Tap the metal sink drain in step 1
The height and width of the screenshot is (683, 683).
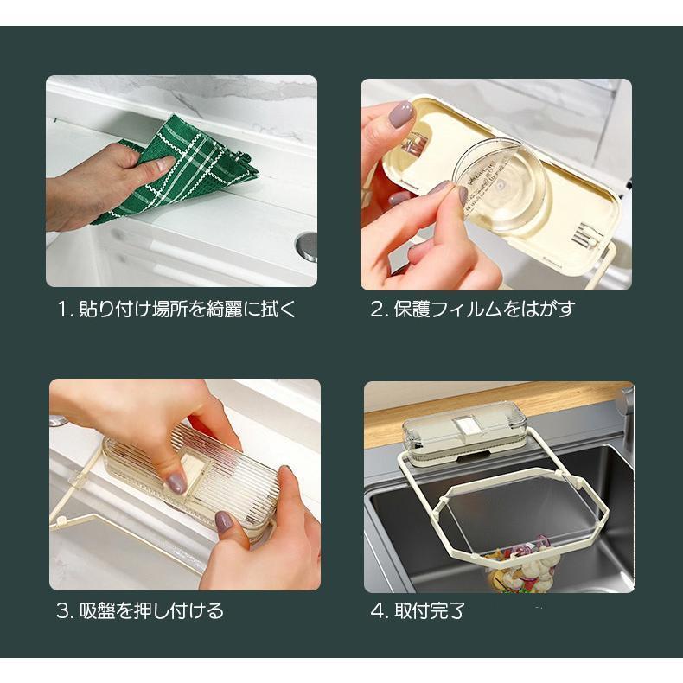tap(307, 246)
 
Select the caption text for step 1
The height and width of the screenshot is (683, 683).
tap(176, 310)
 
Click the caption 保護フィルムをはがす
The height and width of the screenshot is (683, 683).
tap(484, 310)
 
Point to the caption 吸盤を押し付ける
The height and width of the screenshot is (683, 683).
tap(152, 610)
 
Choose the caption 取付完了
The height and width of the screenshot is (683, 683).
tap(430, 610)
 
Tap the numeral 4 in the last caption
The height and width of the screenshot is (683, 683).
tap(377, 610)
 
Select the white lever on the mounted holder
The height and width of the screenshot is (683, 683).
tap(467, 424)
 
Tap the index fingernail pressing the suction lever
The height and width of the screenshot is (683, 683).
tap(177, 484)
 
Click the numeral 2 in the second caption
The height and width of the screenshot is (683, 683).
tap(377, 310)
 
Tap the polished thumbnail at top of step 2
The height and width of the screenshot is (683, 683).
tap(402, 115)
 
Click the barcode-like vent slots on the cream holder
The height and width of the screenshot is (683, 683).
tap(582, 235)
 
